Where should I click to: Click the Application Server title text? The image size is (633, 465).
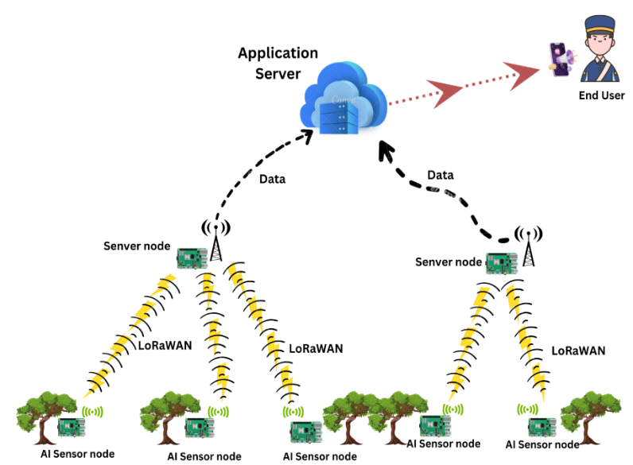(278, 64)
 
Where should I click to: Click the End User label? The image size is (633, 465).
(601, 96)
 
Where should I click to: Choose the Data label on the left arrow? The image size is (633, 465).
(273, 179)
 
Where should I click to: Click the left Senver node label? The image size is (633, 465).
(137, 246)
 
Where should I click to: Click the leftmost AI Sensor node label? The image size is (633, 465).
(78, 454)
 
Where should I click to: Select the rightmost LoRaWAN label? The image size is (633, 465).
(577, 350)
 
